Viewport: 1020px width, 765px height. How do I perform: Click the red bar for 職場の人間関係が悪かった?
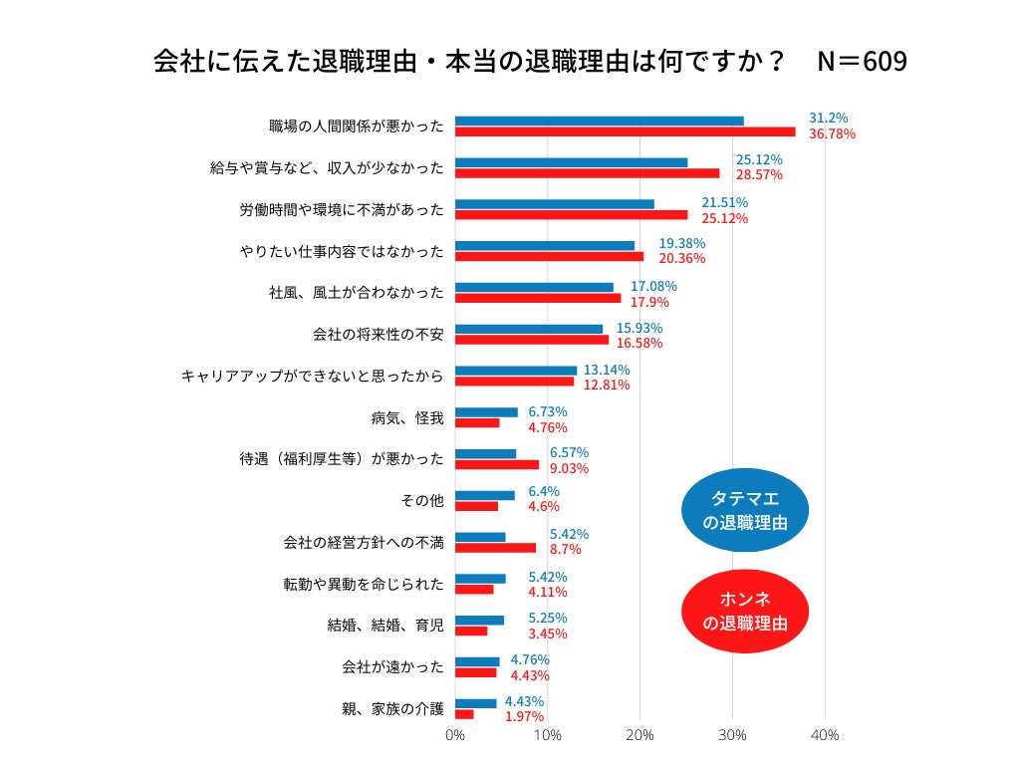click(625, 131)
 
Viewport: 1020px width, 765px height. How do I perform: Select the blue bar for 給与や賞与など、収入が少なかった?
click(571, 162)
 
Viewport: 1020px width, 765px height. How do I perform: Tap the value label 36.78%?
click(833, 133)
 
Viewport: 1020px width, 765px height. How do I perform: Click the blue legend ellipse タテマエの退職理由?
click(745, 510)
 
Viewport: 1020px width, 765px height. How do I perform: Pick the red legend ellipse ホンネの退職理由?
click(745, 612)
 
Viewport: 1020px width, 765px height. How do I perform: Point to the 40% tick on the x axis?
click(825, 735)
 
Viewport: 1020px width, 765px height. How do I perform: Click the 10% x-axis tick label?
click(547, 735)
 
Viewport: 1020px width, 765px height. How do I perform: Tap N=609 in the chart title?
click(862, 62)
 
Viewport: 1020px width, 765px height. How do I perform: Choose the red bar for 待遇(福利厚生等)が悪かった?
click(497, 464)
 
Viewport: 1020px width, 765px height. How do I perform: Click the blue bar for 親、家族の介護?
click(475, 703)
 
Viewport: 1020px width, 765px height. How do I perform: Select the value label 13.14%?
click(607, 370)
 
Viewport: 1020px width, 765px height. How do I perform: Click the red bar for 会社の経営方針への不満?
click(495, 547)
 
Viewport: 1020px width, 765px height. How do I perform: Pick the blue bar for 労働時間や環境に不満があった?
click(554, 204)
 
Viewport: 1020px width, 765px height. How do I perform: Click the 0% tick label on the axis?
click(454, 735)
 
